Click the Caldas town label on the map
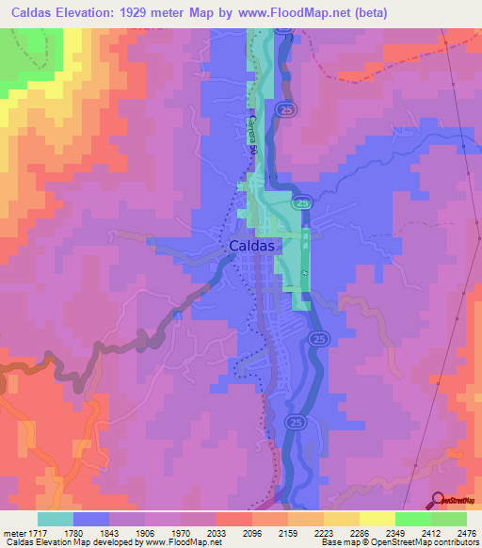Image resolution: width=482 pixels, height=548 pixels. tap(252, 245)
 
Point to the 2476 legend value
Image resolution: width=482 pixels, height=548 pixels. tap(467, 532)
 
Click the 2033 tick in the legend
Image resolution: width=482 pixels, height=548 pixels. tap(216, 532)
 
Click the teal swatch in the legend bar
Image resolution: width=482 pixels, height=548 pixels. tap(56, 519)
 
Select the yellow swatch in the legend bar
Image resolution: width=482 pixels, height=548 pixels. tap(378, 519)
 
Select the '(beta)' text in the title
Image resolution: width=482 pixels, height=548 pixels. tap(367, 12)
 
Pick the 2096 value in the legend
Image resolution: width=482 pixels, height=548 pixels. tap(251, 532)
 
